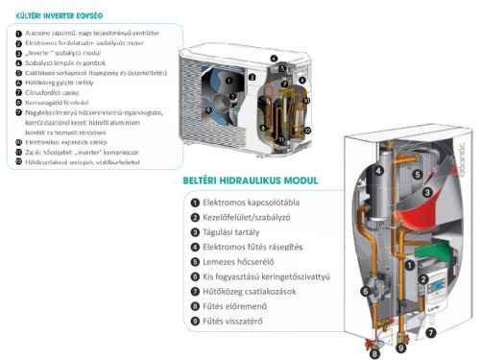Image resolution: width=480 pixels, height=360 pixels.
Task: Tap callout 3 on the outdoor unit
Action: coord(252,76)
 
